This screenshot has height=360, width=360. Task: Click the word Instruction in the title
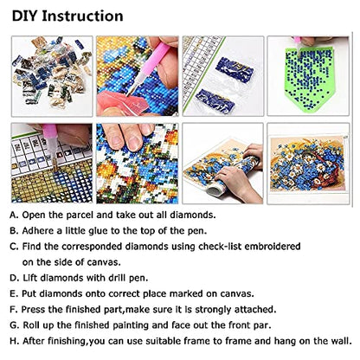(82, 16)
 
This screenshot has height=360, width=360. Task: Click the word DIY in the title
(25, 16)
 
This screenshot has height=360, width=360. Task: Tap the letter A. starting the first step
(14, 215)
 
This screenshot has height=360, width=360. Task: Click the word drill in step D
(118, 278)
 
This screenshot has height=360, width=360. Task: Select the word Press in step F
(33, 310)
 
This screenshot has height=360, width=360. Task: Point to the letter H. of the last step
(15, 341)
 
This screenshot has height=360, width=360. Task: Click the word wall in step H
(344, 341)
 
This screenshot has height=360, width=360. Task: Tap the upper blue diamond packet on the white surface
(235, 69)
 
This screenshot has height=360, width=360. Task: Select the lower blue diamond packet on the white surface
(215, 100)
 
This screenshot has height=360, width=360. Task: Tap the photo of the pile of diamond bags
(52, 76)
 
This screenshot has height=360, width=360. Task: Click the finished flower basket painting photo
(308, 164)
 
